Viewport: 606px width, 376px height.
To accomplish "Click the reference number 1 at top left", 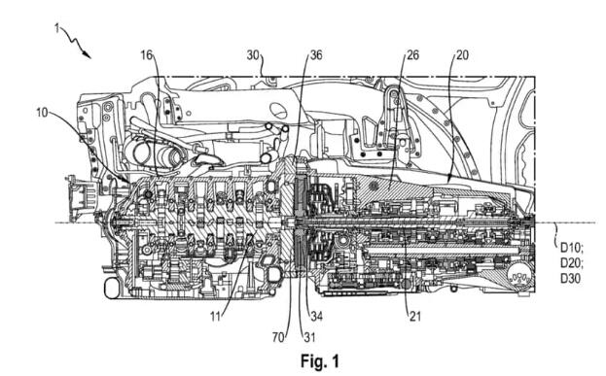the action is pos(56,28).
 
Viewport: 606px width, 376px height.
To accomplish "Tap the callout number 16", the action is pos(147,55).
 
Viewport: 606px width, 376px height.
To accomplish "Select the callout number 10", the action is pos(42,113).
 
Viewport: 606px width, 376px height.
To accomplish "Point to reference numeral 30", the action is pos(253,55).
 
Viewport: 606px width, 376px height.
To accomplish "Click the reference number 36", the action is pos(316,55).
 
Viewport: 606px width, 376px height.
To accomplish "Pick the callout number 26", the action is pos(412,55).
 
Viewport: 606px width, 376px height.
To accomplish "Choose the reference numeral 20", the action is pos(462,55).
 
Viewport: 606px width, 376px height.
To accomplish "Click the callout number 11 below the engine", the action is pos(215,317).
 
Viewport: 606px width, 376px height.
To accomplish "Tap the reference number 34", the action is pos(316,317).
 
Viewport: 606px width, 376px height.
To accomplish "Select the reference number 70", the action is pos(278,337).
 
